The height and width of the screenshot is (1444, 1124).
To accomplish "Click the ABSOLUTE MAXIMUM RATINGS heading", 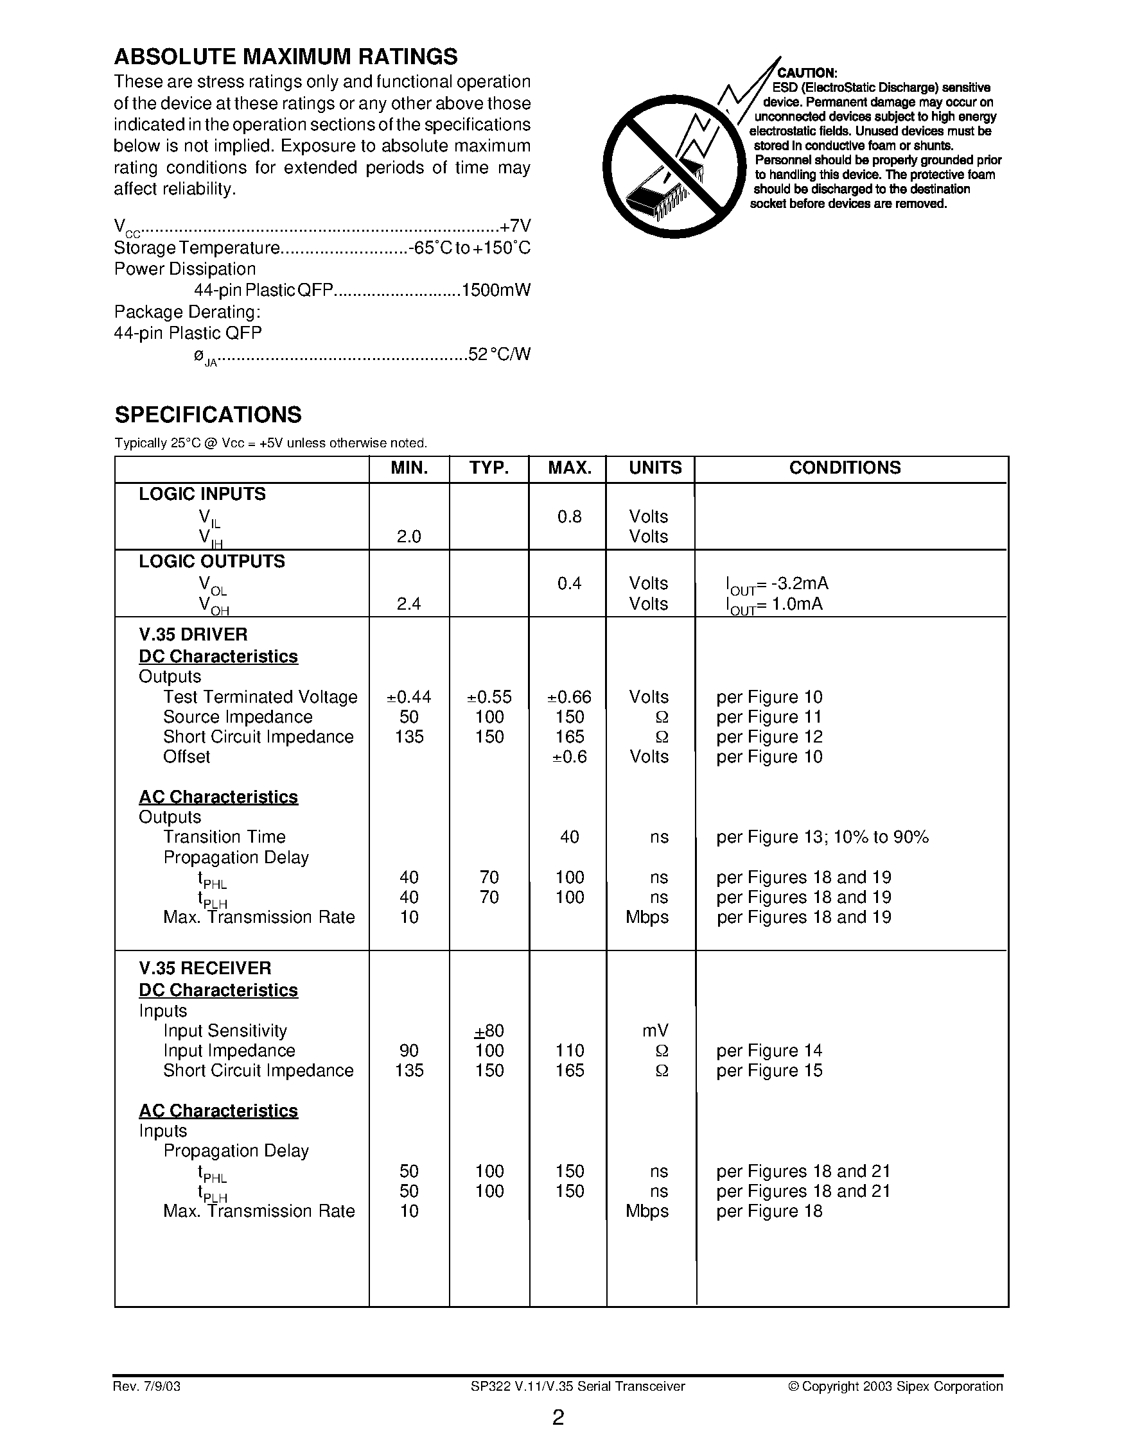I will (285, 57).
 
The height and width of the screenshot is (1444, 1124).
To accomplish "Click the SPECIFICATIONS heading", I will (207, 415).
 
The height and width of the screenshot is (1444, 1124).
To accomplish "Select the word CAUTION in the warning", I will (807, 73).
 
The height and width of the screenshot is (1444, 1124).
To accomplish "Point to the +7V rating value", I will (516, 226).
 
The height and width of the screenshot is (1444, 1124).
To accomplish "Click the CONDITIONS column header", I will (845, 467).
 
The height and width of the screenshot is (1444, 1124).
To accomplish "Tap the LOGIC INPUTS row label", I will (202, 494).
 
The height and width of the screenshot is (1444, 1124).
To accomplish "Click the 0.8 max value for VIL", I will (569, 517).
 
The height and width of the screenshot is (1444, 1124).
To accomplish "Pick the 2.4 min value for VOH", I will (408, 604).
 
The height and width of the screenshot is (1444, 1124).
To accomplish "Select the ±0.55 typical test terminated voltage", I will (489, 697).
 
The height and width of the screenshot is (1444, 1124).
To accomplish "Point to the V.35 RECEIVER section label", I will (205, 968).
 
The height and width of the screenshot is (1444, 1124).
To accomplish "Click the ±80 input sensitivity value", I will (489, 1031).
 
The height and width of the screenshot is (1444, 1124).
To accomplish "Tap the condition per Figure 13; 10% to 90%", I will (822, 837).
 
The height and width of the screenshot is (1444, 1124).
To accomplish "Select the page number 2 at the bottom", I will (558, 1418).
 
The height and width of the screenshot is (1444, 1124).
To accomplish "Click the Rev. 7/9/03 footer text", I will (147, 1386).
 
